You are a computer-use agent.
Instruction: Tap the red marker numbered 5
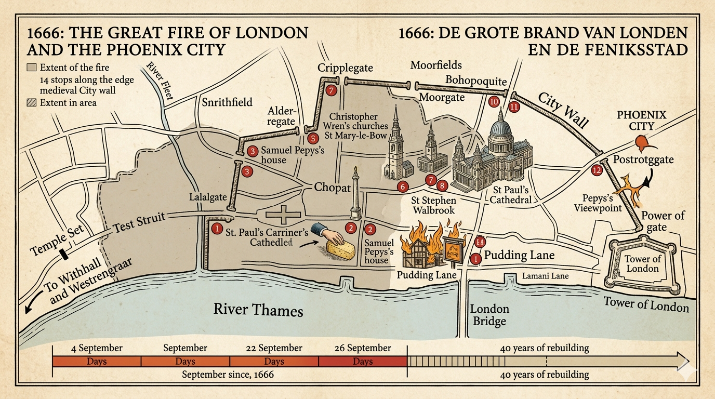click(x=312, y=139)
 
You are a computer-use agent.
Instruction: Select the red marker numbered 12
click(x=597, y=170)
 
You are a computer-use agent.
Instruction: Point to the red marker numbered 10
click(x=494, y=102)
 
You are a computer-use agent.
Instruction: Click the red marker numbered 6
click(x=401, y=186)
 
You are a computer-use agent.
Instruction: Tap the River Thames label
click(x=258, y=310)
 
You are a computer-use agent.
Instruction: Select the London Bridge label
click(x=489, y=315)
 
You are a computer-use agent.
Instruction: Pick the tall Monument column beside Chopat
click(x=355, y=195)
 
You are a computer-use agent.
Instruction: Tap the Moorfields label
click(x=435, y=65)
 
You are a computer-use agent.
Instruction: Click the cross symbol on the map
click(x=284, y=214)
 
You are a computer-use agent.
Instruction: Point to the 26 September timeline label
click(x=362, y=348)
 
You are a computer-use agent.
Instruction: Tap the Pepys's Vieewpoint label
click(x=598, y=203)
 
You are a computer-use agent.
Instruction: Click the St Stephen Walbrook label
click(x=433, y=205)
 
